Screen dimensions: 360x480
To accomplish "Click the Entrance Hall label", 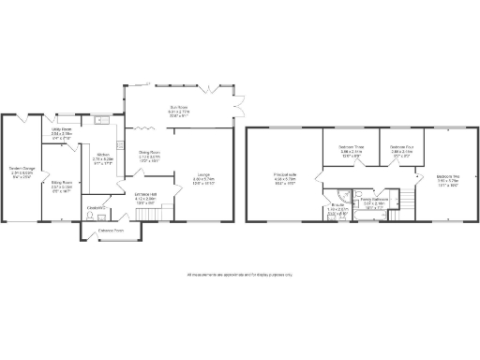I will click(132, 197).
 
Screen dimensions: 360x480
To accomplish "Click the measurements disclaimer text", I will click(240, 275).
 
